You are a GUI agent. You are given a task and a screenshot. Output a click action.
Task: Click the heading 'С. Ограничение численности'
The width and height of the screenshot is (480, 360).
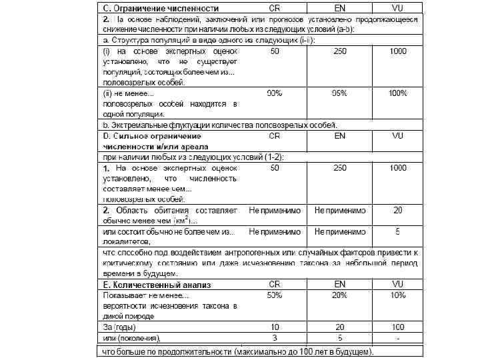161,9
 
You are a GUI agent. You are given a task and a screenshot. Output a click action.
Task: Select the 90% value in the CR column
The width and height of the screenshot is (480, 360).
274,93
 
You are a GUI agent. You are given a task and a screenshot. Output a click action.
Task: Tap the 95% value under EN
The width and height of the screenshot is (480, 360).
340,93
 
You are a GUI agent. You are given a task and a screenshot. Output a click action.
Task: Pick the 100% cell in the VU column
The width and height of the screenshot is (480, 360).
397,93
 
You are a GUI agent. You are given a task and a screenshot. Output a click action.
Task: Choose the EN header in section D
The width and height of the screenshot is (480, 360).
340,135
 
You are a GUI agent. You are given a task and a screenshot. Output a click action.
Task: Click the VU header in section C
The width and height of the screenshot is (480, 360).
397,9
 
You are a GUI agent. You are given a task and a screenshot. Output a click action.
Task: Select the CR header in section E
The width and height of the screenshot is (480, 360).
274,284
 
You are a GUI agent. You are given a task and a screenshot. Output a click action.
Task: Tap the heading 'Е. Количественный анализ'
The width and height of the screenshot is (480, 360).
157,285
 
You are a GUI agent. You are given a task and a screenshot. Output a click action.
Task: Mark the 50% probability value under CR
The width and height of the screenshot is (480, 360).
274,295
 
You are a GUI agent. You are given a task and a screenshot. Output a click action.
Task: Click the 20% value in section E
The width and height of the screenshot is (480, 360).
340,295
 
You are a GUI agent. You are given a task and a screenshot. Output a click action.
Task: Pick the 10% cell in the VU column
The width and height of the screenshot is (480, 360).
397,295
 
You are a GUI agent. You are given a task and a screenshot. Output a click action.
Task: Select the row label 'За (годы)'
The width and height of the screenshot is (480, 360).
121,327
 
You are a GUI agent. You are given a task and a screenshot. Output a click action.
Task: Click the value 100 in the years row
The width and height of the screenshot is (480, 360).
397,327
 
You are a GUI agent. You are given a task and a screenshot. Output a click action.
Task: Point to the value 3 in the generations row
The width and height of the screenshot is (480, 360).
274,338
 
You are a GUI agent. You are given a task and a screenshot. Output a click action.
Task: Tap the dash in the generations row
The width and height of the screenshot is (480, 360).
397,338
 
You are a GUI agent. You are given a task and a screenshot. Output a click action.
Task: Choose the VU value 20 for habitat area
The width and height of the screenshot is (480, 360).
397,210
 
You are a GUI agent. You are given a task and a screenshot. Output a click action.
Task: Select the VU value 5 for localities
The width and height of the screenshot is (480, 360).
397,232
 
